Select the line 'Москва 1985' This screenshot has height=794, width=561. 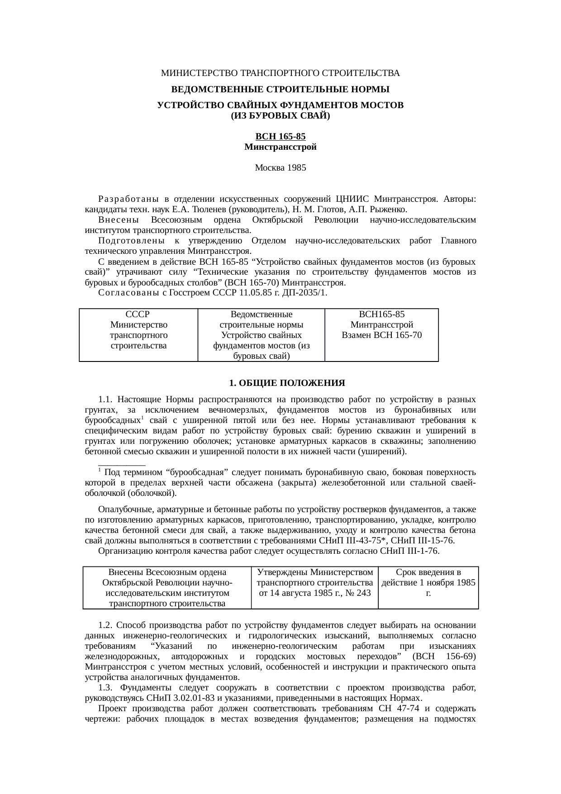pos(280,168)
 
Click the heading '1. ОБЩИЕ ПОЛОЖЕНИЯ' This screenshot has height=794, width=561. pos(287,383)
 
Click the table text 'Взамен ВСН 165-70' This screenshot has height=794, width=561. pos(381,335)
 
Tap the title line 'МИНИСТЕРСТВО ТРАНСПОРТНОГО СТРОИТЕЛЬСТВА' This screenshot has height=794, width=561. pos(280,73)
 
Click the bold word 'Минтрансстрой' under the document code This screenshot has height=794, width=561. pos(280,147)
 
